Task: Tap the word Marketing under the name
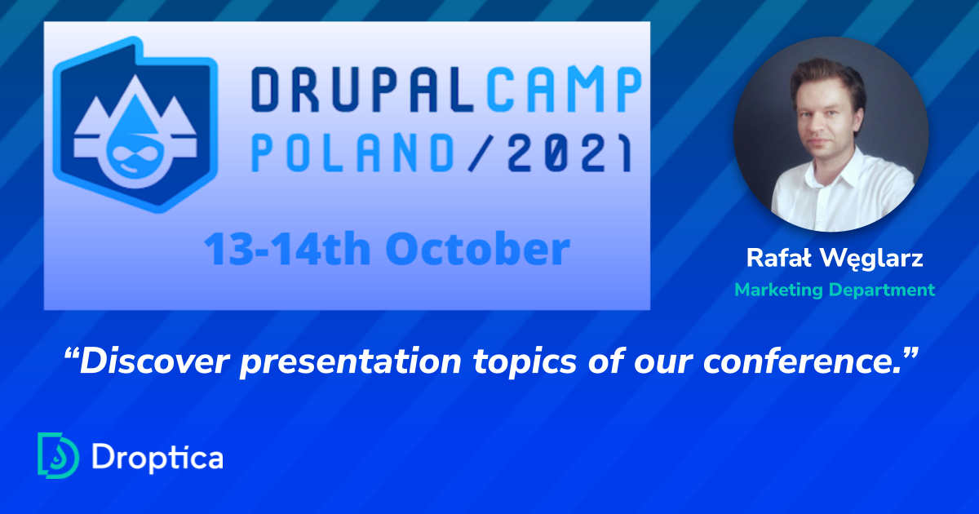(x=777, y=290)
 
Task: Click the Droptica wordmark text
(x=157, y=457)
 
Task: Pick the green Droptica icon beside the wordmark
(x=58, y=454)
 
